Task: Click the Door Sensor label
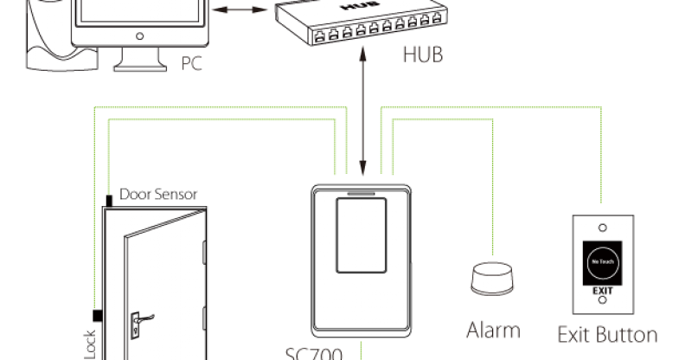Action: [158, 194]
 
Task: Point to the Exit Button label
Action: [606, 334]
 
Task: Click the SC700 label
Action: [315, 353]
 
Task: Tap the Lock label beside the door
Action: [89, 343]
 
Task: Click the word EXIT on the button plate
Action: [602, 292]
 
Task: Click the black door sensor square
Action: [109, 201]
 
